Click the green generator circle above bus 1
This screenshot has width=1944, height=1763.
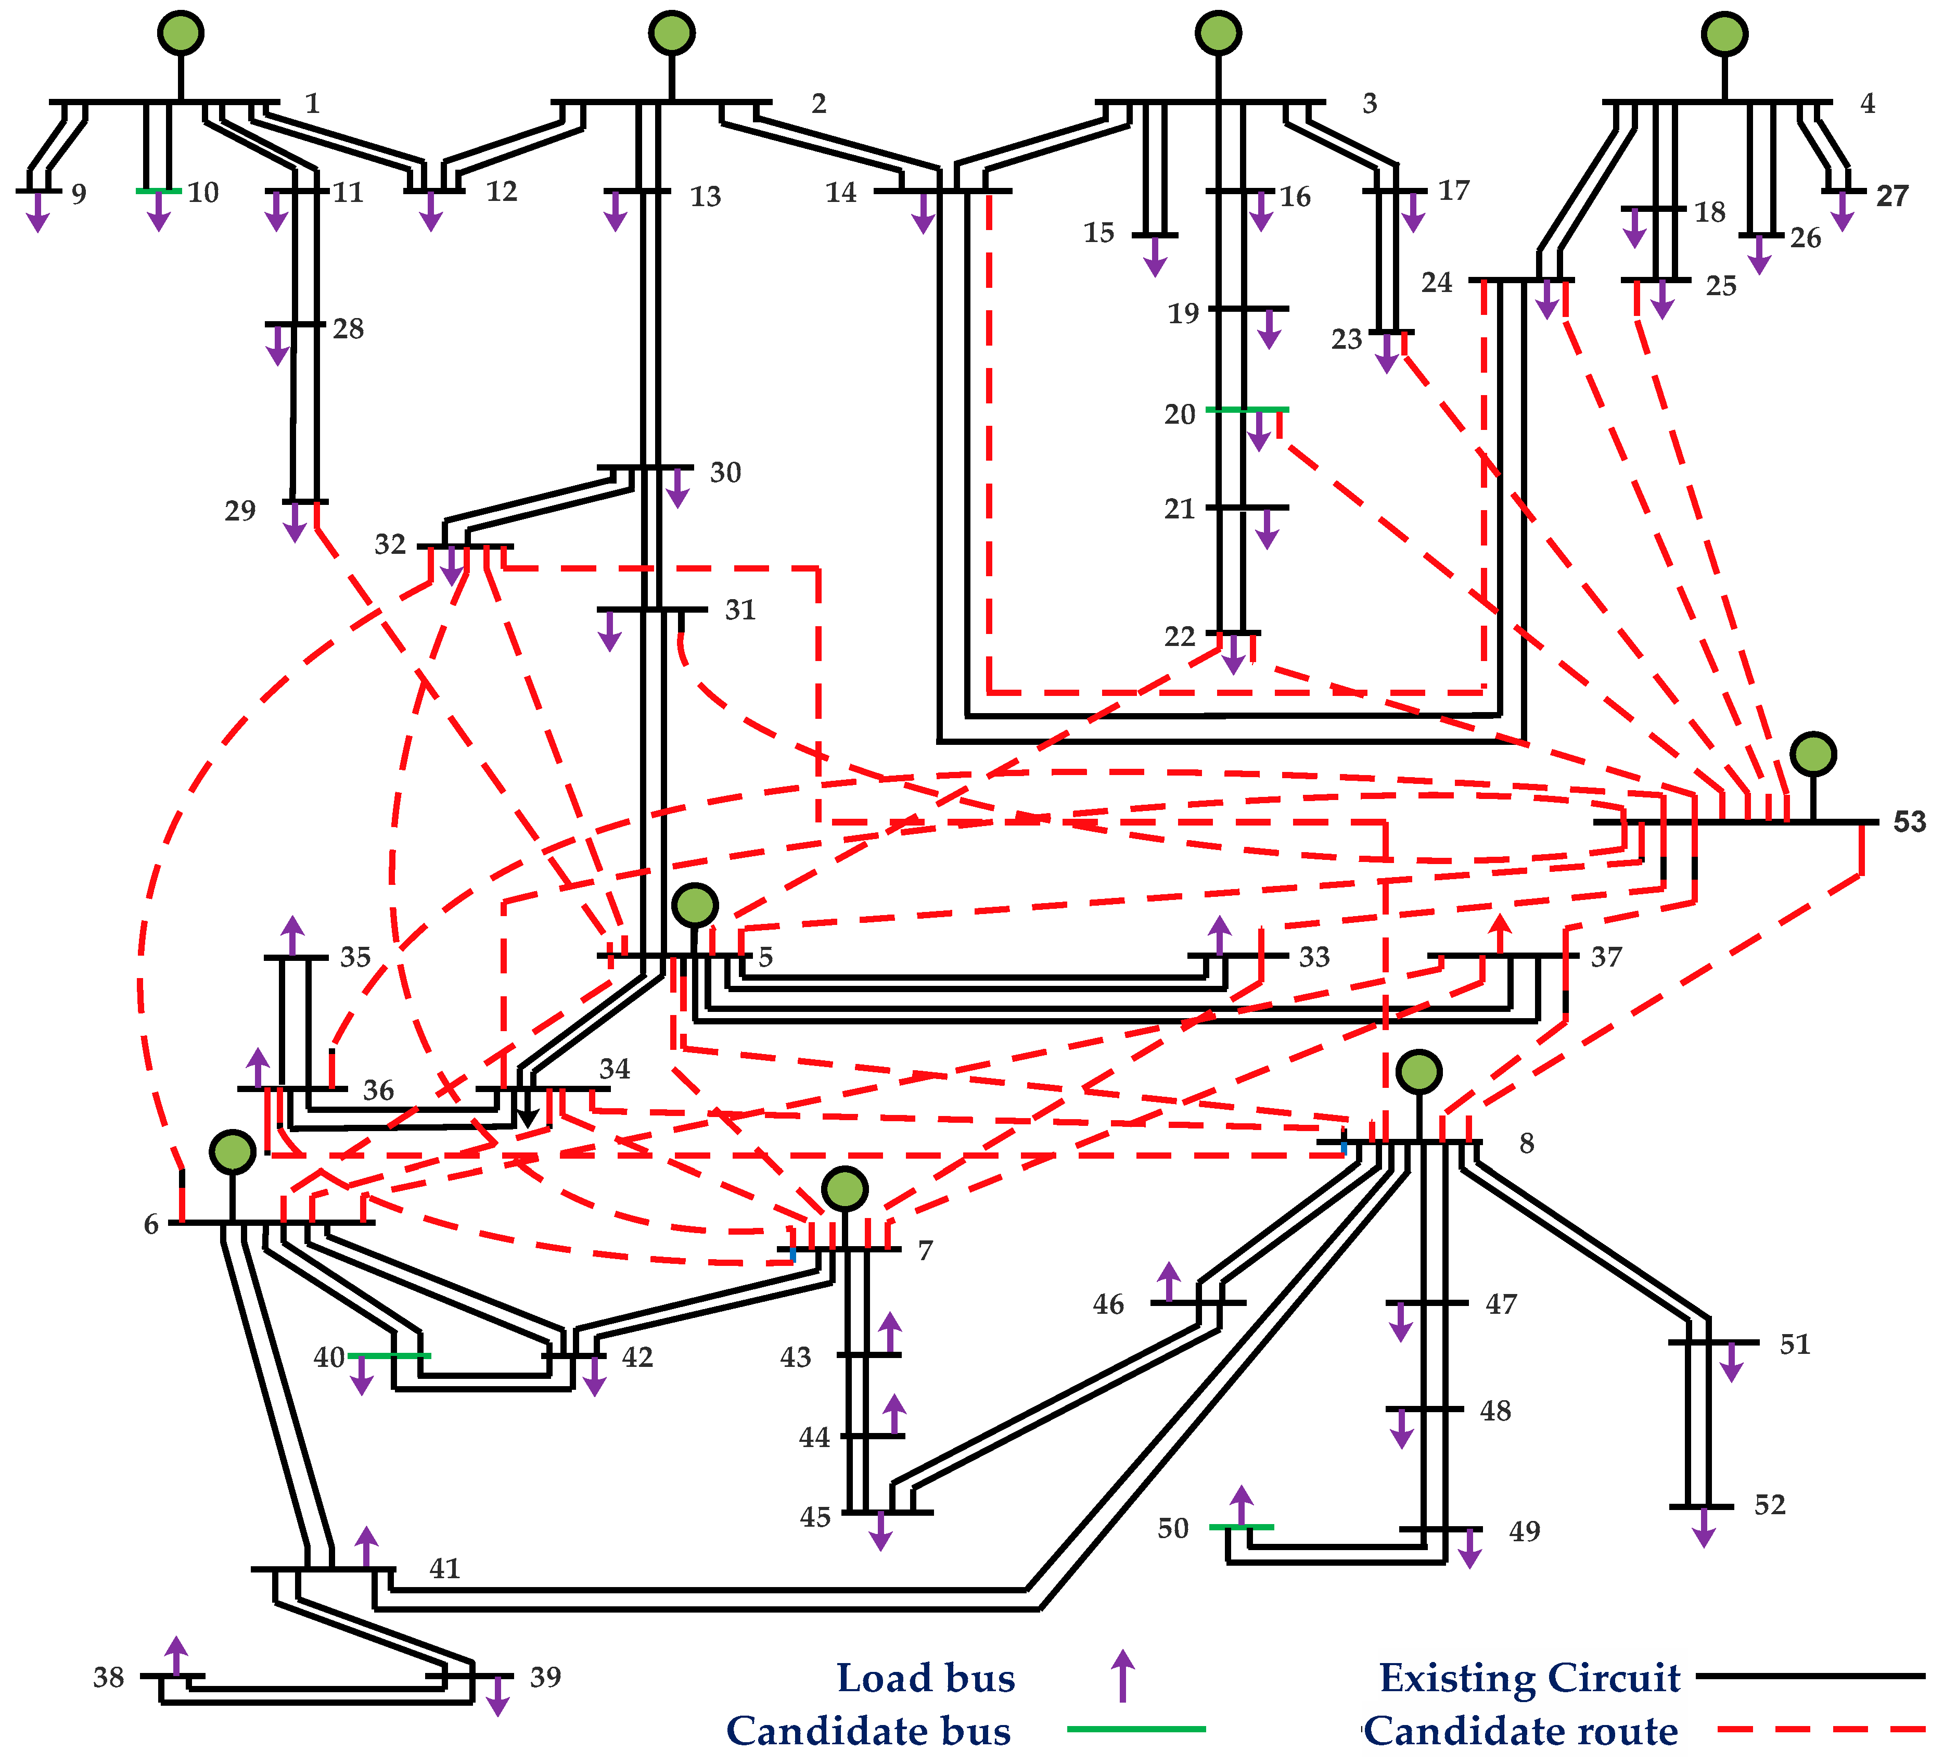pyautogui.click(x=181, y=33)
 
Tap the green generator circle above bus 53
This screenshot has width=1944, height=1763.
pyautogui.click(x=1813, y=754)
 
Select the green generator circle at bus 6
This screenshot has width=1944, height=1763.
pyautogui.click(x=233, y=1151)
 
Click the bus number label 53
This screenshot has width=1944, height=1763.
pyautogui.click(x=1908, y=822)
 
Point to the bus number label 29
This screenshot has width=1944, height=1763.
pyautogui.click(x=240, y=511)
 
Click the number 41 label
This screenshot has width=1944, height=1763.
pyautogui.click(x=444, y=1569)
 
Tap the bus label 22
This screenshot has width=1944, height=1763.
pyautogui.click(x=1179, y=637)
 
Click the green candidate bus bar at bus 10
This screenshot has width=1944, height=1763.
pyautogui.click(x=158, y=191)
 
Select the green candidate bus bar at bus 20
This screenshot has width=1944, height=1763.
pyautogui.click(x=1247, y=410)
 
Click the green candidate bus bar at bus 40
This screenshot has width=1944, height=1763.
pyautogui.click(x=389, y=1355)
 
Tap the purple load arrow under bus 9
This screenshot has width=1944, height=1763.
pyautogui.click(x=37, y=212)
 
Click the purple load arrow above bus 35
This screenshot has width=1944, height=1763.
pyautogui.click(x=292, y=935)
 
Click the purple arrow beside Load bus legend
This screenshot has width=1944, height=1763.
pyautogui.click(x=1121, y=1676)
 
